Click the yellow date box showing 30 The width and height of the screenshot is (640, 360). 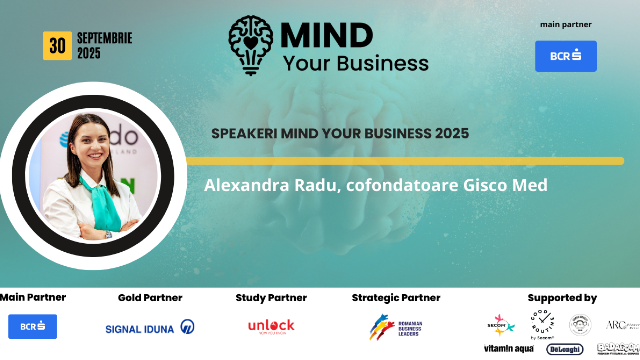point(57,46)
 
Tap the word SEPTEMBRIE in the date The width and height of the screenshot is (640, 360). point(104,38)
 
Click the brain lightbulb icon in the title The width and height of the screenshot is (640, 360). point(251,45)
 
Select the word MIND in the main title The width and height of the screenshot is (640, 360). point(327,36)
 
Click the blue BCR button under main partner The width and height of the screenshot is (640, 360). point(566,56)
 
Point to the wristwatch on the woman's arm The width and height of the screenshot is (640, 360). point(108,234)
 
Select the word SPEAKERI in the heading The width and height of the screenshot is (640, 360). point(244,134)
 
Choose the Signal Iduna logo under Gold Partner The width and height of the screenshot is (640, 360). point(150,327)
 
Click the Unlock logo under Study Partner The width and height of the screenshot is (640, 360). point(271,326)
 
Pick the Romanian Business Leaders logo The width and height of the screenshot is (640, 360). point(396,327)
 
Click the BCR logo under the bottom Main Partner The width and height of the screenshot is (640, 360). point(33,326)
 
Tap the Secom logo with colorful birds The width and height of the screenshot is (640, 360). point(500,325)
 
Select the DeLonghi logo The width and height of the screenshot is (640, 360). point(564,349)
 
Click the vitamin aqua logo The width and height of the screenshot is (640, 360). point(508,349)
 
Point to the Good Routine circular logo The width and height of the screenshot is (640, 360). point(542,322)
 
